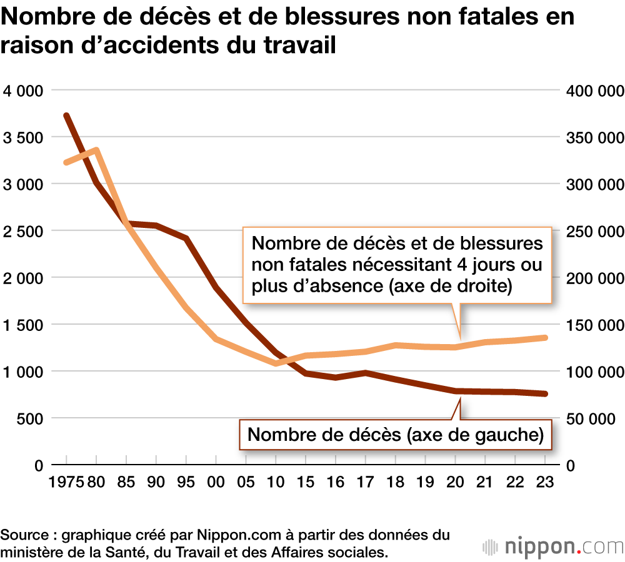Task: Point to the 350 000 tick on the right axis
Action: [595, 137]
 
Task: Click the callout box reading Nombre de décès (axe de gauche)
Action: [395, 435]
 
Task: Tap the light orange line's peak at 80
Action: [96, 150]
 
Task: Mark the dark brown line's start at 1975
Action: [66, 116]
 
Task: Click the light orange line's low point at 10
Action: [276, 363]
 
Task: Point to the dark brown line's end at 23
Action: [544, 394]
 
